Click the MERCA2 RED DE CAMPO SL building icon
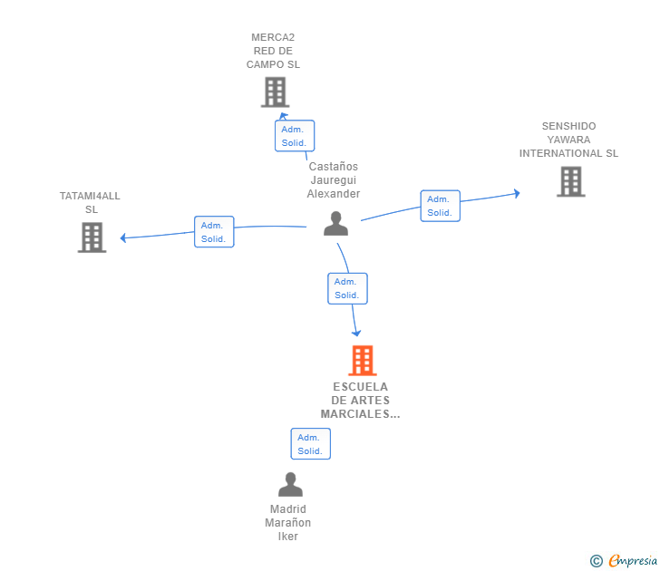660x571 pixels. pos(274,92)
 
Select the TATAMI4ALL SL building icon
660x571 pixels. pos(92,237)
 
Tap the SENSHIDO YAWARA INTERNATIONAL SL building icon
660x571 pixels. pos(570,181)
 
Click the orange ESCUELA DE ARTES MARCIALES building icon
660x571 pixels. pos(362,360)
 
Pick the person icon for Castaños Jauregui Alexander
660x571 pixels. pos(336,224)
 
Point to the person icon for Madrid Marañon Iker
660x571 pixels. pos(290,485)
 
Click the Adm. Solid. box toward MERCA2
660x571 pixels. pos(295,136)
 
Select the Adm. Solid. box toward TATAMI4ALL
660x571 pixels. pos(214,232)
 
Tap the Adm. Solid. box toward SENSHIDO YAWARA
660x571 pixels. pos(440,206)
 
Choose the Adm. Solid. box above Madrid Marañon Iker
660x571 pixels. pos(310,444)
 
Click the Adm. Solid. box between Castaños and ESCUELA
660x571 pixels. pos(347,288)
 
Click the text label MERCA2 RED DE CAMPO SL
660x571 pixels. pos(273,52)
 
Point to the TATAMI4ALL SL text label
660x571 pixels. pos(90,202)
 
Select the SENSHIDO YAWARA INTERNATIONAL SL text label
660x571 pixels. pos(568,140)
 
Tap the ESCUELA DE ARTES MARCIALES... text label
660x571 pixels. pos(360,401)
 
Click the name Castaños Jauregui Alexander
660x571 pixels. pos(334,179)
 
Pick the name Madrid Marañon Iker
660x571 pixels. pos(288,522)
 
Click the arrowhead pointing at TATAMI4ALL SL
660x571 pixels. pos(123,238)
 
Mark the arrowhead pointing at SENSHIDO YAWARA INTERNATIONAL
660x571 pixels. pos(516,192)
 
